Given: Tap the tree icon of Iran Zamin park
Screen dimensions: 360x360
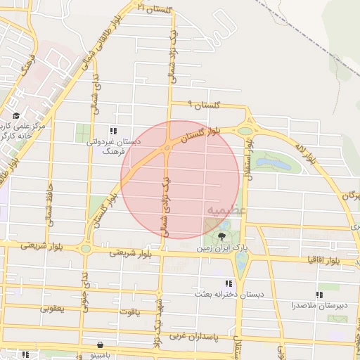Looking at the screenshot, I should tap(222, 236).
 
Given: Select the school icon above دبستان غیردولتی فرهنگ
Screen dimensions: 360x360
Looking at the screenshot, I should tap(112, 131).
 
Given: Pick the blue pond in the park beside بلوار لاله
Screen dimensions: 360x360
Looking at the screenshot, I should tap(271, 165).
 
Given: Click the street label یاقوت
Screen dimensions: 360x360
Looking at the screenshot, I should tap(129, 310).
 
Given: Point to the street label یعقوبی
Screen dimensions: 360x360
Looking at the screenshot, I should tap(52, 307).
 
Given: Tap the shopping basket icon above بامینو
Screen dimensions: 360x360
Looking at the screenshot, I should tap(102, 345).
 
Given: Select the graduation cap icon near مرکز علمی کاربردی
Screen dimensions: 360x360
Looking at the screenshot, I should tap(16, 116).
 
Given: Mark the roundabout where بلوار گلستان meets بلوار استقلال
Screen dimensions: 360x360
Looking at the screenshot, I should tap(246, 129).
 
